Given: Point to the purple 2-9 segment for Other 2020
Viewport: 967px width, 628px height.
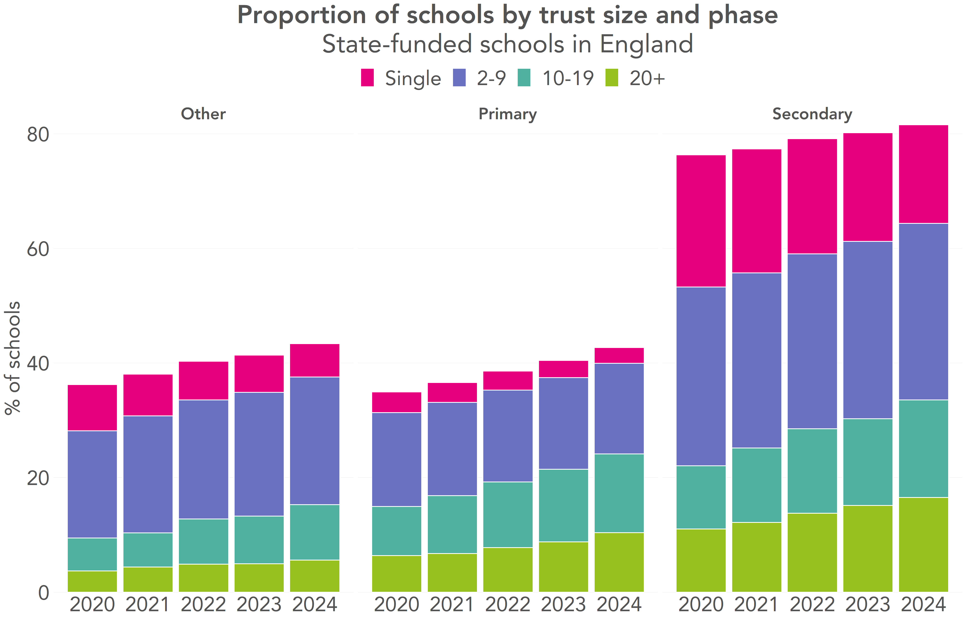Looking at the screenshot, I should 92,484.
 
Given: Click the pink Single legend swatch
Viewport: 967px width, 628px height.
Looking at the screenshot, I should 367,78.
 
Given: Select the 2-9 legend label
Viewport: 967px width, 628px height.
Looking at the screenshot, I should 491,78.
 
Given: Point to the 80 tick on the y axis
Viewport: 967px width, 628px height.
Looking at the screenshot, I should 38,135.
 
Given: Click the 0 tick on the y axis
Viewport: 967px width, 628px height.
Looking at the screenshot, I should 43,593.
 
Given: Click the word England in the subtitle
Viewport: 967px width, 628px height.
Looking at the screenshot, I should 646,44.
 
